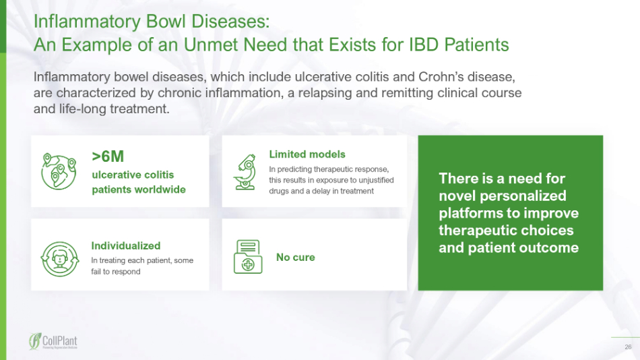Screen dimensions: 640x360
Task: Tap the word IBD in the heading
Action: tap(424, 44)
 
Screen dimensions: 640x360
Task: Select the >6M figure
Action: tap(108, 156)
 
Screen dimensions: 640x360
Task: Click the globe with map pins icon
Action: tap(59, 172)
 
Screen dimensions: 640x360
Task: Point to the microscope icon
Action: tap(245, 172)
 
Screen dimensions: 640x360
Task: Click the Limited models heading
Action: tap(307, 154)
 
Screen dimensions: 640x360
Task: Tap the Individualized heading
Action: tap(126, 245)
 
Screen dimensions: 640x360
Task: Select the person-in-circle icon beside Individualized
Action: tap(59, 259)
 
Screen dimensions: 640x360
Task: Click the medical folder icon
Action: tap(248, 257)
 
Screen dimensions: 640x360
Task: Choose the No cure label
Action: tap(296, 258)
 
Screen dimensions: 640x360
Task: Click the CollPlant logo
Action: tap(53, 341)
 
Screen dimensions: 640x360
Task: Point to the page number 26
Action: tap(628, 347)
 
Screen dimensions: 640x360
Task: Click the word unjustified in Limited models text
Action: tap(377, 180)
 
